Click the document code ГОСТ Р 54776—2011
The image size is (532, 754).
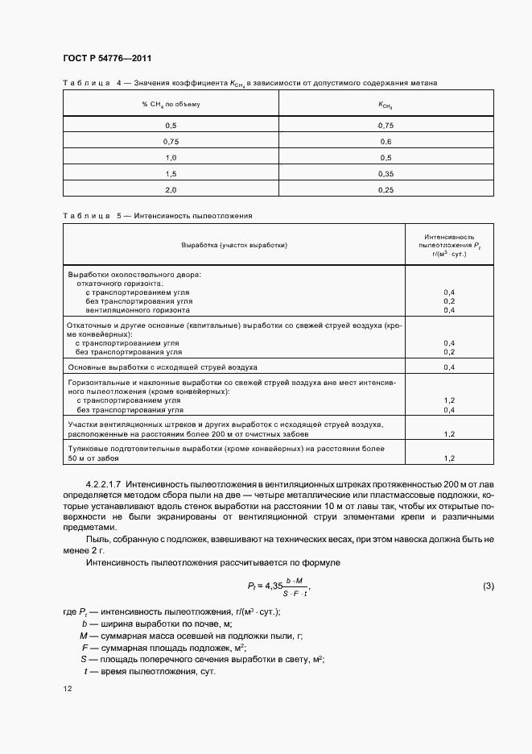(x=106, y=58)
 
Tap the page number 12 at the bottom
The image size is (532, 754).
(x=67, y=689)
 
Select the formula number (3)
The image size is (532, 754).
(x=488, y=585)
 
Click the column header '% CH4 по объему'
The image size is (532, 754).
(x=171, y=105)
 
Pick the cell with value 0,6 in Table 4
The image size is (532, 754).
(x=386, y=142)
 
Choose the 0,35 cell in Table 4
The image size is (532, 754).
(x=386, y=173)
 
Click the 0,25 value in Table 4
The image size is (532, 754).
(x=386, y=189)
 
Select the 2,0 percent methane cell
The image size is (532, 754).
(x=171, y=189)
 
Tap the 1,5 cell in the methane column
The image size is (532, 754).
(x=171, y=173)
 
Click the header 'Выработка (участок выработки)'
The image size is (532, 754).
(x=233, y=245)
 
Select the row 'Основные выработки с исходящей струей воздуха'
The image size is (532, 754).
(x=163, y=367)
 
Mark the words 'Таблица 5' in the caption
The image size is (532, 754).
(x=91, y=216)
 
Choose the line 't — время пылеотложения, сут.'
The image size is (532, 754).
(x=153, y=671)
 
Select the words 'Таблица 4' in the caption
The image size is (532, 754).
(x=91, y=83)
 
